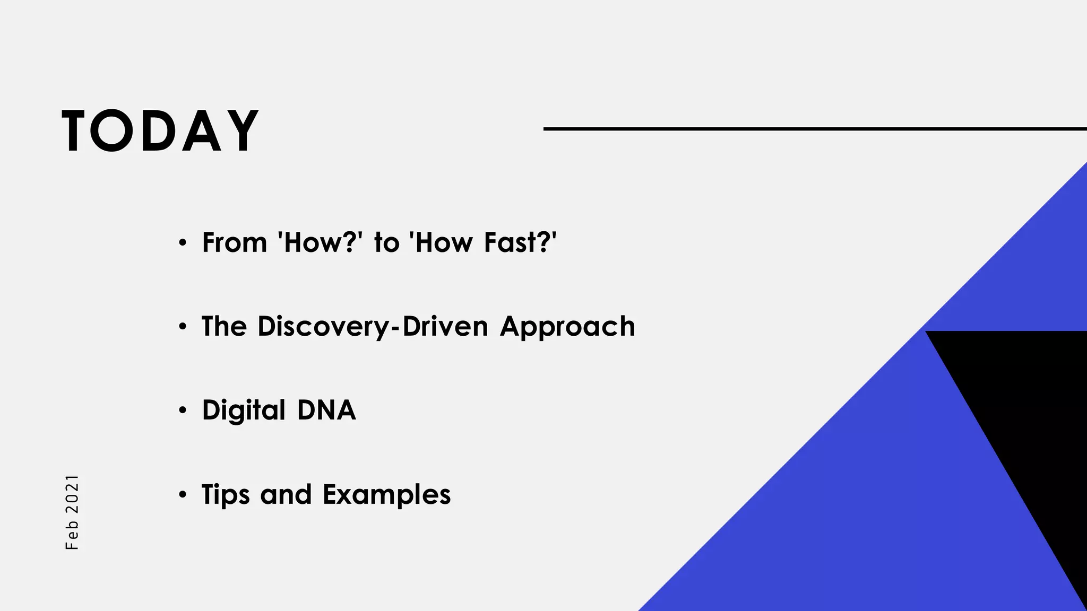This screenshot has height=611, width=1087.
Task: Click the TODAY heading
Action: click(160, 131)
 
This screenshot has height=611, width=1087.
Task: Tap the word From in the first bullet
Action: click(234, 243)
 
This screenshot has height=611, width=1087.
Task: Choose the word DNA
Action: click(326, 411)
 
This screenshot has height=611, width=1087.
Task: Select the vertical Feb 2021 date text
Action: click(72, 512)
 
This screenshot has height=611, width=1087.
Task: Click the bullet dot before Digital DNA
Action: click(183, 411)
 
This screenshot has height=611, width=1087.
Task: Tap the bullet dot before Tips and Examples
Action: click(183, 495)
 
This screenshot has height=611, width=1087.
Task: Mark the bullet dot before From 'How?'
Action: click(183, 243)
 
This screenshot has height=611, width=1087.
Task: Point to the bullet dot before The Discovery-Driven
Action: click(183, 327)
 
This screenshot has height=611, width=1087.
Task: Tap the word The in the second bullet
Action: click(224, 327)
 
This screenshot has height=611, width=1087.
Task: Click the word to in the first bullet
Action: click(386, 243)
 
